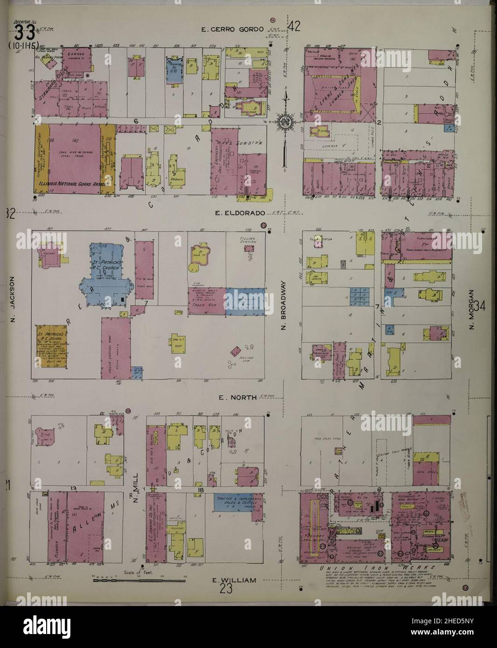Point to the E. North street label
(x=238, y=397)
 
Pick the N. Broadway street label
(x=283, y=306)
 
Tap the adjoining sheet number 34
(x=481, y=307)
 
